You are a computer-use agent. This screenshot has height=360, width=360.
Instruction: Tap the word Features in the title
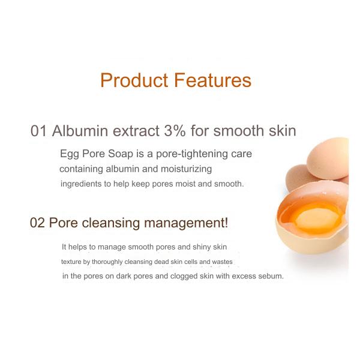212,80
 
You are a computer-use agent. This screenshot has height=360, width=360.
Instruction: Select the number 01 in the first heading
38,131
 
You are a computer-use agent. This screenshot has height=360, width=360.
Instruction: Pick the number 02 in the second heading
38,223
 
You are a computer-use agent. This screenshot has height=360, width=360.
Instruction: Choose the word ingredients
81,184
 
